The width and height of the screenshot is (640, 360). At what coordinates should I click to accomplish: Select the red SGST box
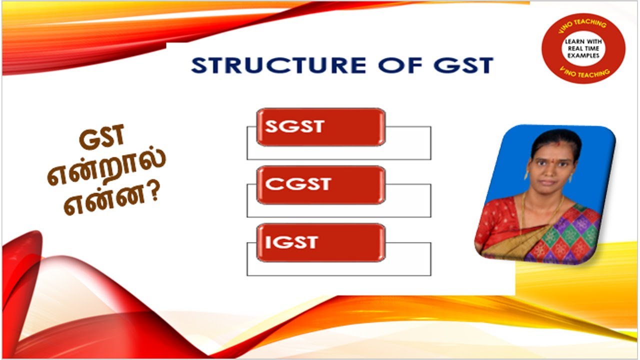320,127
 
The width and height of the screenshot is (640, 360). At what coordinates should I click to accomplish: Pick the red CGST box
320,185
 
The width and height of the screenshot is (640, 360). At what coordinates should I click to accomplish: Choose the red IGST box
320,243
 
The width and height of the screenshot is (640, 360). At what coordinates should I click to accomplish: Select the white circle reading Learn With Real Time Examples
582,48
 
